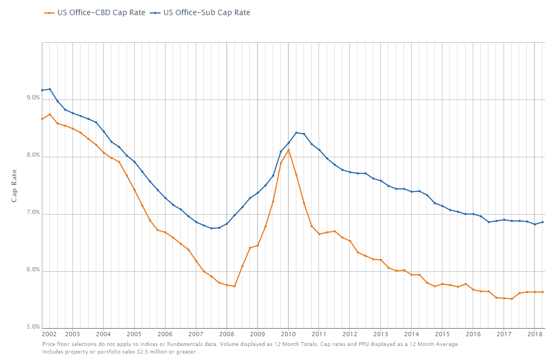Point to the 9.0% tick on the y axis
pyautogui.click(x=33, y=98)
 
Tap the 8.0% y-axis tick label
pyautogui.click(x=33, y=155)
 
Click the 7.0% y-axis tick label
pyautogui.click(x=33, y=212)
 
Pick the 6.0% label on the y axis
pyautogui.click(x=33, y=270)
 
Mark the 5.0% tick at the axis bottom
pyautogui.click(x=33, y=327)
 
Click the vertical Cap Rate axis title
pyautogui.click(x=15, y=185)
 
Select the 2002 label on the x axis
pyautogui.click(x=49, y=334)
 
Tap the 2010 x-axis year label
pyautogui.click(x=288, y=334)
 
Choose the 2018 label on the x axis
pyautogui.click(x=534, y=334)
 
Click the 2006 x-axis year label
pyautogui.click(x=165, y=334)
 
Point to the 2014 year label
pyautogui.click(x=412, y=334)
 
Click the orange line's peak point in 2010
pyautogui.click(x=288, y=150)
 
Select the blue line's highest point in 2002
pyautogui.click(x=50, y=89)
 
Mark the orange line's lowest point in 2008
pyautogui.click(x=234, y=286)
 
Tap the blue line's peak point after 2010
pyautogui.click(x=296, y=132)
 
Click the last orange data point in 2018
pyautogui.click(x=542, y=292)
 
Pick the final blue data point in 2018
pyautogui.click(x=542, y=222)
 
